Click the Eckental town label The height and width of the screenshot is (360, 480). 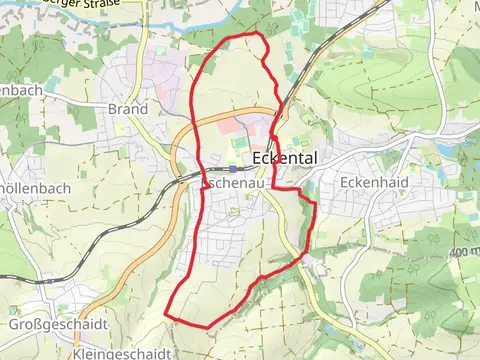tap(289, 158)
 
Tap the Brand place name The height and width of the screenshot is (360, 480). tap(127, 109)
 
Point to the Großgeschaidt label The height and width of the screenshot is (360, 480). tap(42, 323)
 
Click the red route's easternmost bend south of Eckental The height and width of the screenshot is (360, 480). tap(315, 205)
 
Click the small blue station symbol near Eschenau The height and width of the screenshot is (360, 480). tap(233, 169)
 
